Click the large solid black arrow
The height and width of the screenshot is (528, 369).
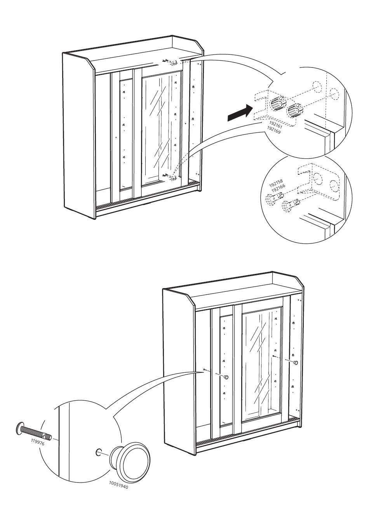click(x=238, y=113)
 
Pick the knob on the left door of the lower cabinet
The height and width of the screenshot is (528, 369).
click(x=226, y=377)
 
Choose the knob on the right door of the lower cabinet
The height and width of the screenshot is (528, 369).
click(x=296, y=362)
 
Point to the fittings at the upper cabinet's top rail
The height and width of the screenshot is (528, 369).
click(x=171, y=61)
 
